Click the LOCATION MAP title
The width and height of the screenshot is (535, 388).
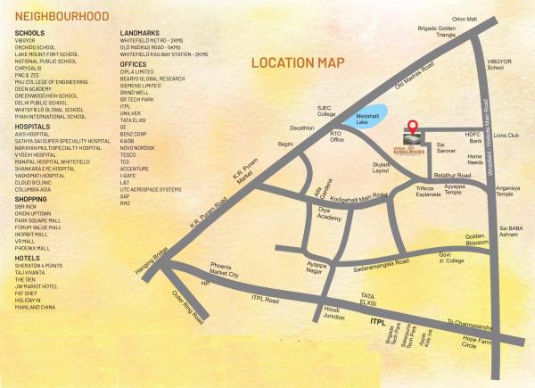point(300,63)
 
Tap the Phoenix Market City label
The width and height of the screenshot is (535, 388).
point(226,270)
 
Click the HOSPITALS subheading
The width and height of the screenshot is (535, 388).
point(33,127)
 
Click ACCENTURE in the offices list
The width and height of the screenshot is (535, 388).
point(135,167)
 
